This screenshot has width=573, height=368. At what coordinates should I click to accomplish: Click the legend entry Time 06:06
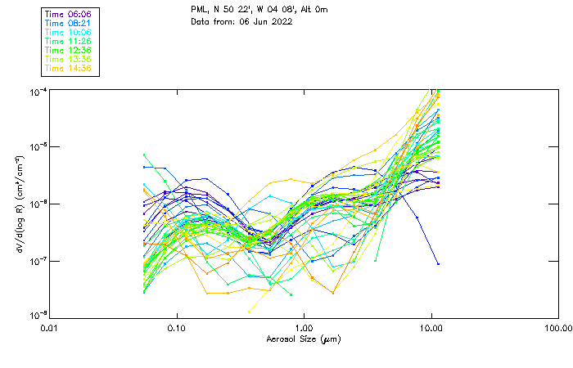69,14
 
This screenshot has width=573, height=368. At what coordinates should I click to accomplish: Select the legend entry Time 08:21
69,23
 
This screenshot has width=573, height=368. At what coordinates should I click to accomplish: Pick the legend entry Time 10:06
69,32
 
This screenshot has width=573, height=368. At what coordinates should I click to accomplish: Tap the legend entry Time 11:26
69,41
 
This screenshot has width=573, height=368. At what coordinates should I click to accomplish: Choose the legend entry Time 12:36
69,50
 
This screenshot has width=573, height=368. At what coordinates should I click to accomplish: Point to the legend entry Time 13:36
69,59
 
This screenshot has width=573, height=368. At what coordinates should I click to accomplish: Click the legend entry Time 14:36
69,68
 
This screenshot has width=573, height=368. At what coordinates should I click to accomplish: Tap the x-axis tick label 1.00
304,329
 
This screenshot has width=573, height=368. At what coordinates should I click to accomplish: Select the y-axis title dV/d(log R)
18,203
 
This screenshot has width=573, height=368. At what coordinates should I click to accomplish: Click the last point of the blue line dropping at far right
438,263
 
